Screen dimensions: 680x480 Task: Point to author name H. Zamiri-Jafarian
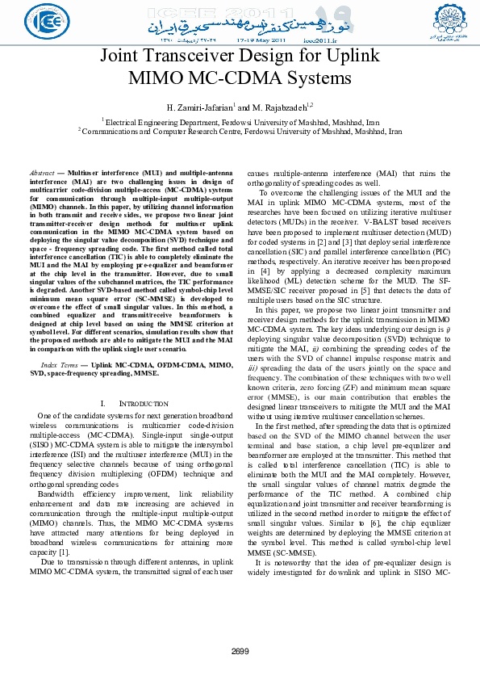(x=198, y=107)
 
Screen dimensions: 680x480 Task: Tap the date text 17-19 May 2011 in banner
(x=260, y=39)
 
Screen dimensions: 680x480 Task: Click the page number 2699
(x=240, y=651)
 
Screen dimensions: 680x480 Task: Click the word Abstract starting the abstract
(x=41, y=174)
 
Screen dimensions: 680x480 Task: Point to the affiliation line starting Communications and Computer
(x=240, y=130)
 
